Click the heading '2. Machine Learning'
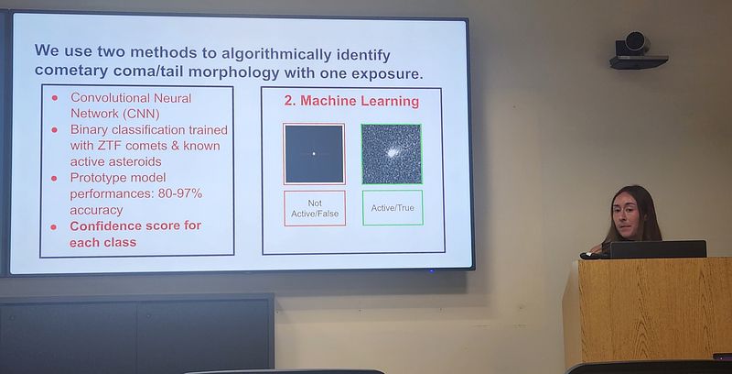pos(351,102)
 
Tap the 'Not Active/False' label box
pos(315,208)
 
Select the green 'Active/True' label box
pos(393,207)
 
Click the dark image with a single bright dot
pos(314,154)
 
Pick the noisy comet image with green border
pos(392,154)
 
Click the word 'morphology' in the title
pos(237,72)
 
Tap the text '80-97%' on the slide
pos(179,193)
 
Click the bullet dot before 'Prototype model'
pos(54,178)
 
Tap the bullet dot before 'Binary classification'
pos(54,129)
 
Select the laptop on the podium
pos(658,249)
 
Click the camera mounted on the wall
pos(638,51)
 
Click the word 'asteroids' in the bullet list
pos(139,161)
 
